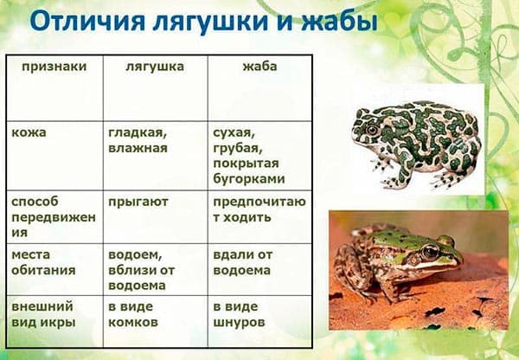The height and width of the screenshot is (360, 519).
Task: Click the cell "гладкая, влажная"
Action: [x=138, y=140]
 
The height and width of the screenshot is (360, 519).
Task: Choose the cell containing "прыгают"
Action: [x=138, y=202]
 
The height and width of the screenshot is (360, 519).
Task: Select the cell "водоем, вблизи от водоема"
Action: [x=142, y=270]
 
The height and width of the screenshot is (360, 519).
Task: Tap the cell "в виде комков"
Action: [x=132, y=314]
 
